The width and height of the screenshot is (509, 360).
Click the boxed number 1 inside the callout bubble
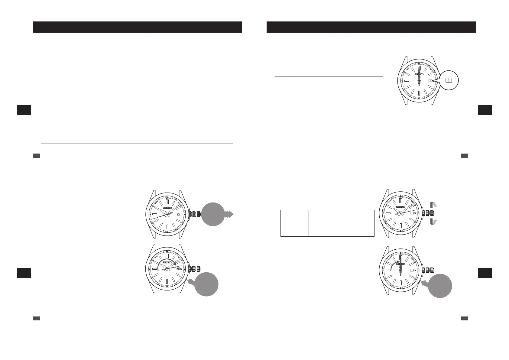[449, 80]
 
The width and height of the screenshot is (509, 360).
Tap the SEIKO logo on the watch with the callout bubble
[419, 74]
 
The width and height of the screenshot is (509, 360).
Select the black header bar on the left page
[137, 27]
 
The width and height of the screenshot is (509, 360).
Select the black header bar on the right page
[371, 27]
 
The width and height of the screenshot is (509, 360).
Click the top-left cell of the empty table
[294, 217]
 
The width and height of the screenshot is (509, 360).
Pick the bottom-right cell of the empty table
[341, 231]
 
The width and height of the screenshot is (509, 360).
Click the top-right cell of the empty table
[341, 217]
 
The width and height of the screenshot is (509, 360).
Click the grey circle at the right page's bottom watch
[440, 286]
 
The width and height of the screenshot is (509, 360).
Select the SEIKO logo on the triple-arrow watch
[167, 208]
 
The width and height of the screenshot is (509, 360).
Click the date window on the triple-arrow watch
[178, 214]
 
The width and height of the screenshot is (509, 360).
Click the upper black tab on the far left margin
[24, 110]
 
